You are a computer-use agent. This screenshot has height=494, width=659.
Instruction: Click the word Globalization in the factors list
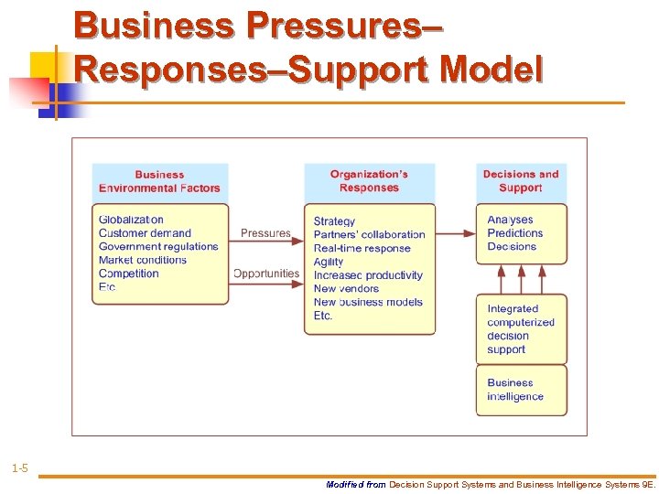tap(131, 220)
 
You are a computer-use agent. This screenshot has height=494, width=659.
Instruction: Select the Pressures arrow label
tap(265, 233)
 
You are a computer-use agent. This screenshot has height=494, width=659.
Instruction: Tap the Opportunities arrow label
tap(265, 274)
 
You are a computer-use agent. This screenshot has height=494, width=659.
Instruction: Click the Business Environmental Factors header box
tap(159, 181)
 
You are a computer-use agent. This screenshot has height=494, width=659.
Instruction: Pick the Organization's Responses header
tap(369, 181)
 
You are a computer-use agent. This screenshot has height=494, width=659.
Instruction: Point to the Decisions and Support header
tap(521, 181)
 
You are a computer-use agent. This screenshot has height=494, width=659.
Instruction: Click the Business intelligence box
tap(521, 390)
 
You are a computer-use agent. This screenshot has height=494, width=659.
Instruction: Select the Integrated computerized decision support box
tap(521, 329)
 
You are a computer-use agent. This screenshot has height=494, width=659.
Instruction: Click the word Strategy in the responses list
tap(334, 221)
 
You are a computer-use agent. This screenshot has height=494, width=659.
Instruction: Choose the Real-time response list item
tap(362, 248)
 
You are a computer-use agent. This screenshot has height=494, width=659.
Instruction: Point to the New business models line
tap(368, 302)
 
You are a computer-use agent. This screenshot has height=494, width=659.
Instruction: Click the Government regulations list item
tap(158, 246)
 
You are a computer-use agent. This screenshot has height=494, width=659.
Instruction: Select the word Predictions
tap(515, 233)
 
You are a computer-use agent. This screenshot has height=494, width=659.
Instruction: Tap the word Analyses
tap(510, 220)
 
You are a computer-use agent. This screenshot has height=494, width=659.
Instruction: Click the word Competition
tap(129, 274)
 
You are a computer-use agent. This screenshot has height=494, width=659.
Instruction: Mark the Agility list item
tap(329, 262)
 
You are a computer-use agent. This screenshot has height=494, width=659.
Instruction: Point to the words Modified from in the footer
tap(356, 485)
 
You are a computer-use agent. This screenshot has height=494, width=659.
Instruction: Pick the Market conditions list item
tap(143, 260)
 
